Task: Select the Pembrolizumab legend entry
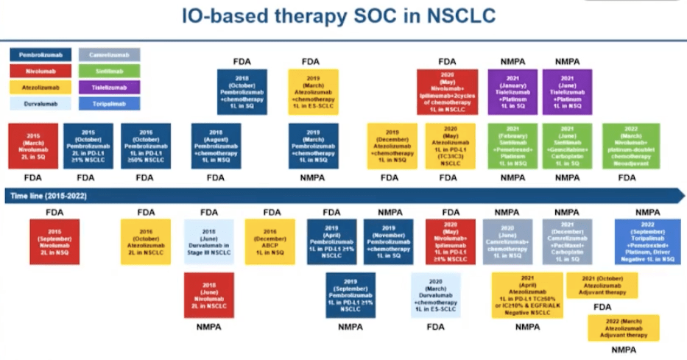40,54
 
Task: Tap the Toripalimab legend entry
109,104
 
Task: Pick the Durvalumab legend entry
40,104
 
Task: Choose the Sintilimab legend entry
109,71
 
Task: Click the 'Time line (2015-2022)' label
43,195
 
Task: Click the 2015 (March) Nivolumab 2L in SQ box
32,146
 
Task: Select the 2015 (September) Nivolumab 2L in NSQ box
55,241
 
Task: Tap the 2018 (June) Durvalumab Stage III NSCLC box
209,241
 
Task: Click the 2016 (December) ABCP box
270,241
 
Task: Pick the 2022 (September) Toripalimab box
648,241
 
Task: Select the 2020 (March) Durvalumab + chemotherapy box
436,295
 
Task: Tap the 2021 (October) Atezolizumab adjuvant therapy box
602,283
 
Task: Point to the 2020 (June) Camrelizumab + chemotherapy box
507,241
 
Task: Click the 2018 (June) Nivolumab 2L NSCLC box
209,295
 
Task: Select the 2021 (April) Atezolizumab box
526,294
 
